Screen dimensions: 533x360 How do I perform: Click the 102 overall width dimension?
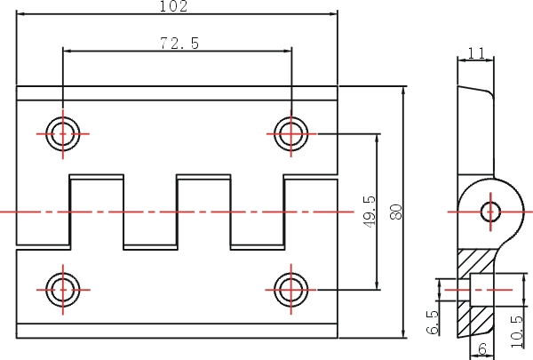tap(173, 6)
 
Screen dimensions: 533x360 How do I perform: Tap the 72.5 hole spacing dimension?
tap(179, 44)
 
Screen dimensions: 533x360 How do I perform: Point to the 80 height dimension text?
tap(396, 212)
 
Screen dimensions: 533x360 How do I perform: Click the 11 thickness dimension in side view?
tap(476, 53)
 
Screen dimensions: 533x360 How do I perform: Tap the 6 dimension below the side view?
tap(482, 348)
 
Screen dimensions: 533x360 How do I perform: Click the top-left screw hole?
tap(63, 133)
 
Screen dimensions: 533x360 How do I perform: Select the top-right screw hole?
tap(291, 133)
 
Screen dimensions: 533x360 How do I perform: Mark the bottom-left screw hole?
tap(63, 290)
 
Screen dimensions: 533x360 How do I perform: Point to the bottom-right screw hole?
tap(291, 290)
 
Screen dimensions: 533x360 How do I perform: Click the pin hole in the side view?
tap(490, 212)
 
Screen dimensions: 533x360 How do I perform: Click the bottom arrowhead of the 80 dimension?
tap(403, 333)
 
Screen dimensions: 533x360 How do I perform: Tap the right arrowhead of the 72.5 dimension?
tap(287, 51)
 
